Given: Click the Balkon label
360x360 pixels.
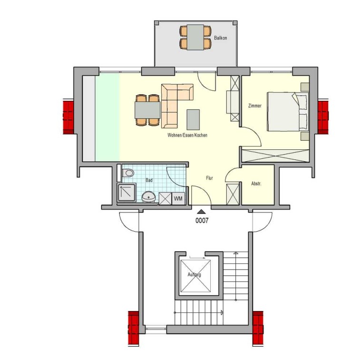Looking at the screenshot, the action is click(220, 38).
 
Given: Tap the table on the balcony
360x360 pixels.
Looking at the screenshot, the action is click(195, 37).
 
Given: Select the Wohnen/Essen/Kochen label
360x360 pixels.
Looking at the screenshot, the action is click(187, 135).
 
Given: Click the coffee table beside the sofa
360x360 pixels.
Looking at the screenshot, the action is click(193, 120).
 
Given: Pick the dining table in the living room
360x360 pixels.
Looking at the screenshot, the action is click(147, 110).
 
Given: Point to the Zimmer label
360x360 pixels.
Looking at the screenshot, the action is click(255, 106).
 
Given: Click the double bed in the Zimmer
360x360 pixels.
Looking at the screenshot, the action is click(288, 112).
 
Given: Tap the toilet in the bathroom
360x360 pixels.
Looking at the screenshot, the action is click(127, 173).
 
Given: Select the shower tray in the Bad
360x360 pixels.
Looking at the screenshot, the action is click(126, 193).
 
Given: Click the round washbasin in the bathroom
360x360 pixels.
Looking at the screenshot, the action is click(148, 197).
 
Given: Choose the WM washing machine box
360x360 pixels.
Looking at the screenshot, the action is click(178, 198).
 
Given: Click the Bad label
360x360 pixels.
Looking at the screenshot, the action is click(149, 180).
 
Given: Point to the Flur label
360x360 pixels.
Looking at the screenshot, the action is click(209, 178).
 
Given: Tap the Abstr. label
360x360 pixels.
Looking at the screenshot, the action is click(256, 184).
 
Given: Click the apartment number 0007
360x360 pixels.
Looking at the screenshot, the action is click(202, 221).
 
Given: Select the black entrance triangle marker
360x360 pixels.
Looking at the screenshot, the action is click(201, 212).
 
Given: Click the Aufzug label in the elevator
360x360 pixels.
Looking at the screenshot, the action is click(195, 274).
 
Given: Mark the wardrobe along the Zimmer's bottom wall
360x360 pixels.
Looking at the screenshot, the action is click(275, 156).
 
